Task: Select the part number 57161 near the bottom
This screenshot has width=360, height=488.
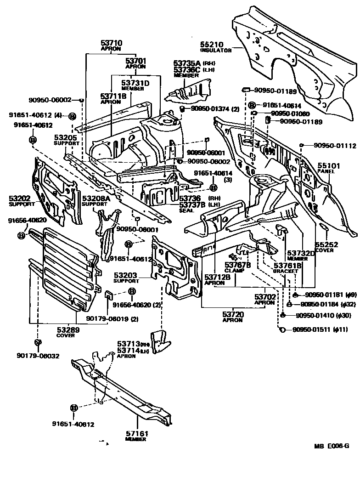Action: coord(135,433)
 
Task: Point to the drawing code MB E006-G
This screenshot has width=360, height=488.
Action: coord(332,446)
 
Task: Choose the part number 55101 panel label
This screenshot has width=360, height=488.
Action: coord(327,165)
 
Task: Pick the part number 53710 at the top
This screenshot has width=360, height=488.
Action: coord(112,43)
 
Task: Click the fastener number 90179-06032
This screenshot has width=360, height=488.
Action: coord(38,355)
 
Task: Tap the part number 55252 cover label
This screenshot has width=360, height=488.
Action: coord(326,245)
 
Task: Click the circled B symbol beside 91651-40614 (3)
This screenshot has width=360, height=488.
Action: coord(213,187)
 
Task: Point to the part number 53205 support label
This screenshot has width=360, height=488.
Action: coord(65,137)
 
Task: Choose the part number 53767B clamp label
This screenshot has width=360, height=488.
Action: coord(237,265)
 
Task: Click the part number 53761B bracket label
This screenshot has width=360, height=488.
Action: coord(287,266)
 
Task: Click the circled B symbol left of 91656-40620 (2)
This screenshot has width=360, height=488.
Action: coord(132,291)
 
